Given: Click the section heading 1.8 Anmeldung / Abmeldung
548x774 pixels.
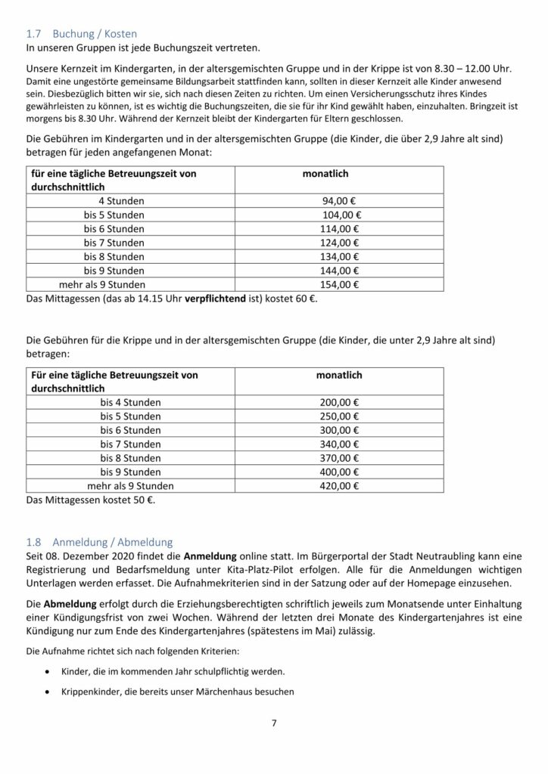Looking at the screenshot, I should click(100, 541).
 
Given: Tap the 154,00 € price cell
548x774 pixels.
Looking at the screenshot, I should click(338, 284).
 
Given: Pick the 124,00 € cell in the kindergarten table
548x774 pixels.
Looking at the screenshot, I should click(338, 243).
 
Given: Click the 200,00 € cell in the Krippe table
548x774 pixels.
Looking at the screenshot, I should click(338, 402).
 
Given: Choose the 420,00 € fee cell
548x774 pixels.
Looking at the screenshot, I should click(338, 485).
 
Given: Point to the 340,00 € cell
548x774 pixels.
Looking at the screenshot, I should click(338, 444).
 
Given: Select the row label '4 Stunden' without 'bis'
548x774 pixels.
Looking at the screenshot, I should click(121, 201).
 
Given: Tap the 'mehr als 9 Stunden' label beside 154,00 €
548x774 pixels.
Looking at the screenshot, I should click(101, 284).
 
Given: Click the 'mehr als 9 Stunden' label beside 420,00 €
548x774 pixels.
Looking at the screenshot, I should click(130, 485).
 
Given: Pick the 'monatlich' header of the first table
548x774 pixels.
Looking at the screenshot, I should click(325, 174).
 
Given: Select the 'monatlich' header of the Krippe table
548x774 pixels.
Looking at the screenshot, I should click(339, 375).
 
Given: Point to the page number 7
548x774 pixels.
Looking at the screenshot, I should click(274, 723).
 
